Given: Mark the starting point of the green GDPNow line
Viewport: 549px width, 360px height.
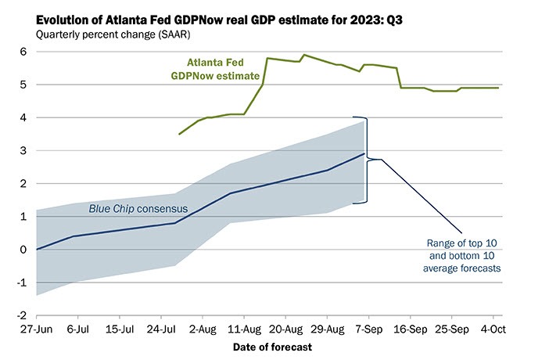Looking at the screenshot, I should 179,135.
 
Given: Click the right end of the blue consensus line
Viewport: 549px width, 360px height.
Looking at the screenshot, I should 364,153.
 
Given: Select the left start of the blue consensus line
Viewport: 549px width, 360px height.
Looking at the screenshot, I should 37,249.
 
